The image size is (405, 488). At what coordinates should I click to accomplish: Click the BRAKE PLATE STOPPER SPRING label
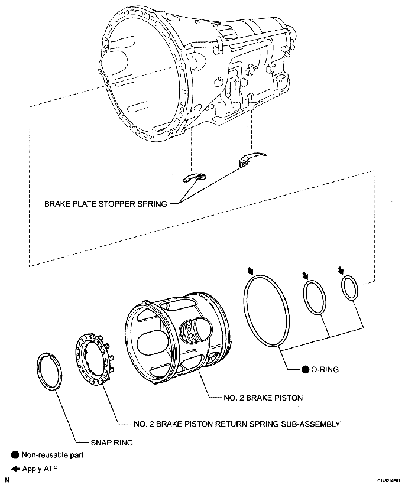[x=105, y=204]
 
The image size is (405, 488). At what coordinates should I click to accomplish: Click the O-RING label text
[x=326, y=370]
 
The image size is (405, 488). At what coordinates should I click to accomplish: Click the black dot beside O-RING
[x=305, y=370]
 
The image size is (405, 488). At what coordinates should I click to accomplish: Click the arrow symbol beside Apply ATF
[x=15, y=469]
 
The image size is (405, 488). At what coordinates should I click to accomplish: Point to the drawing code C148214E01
[x=387, y=482]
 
